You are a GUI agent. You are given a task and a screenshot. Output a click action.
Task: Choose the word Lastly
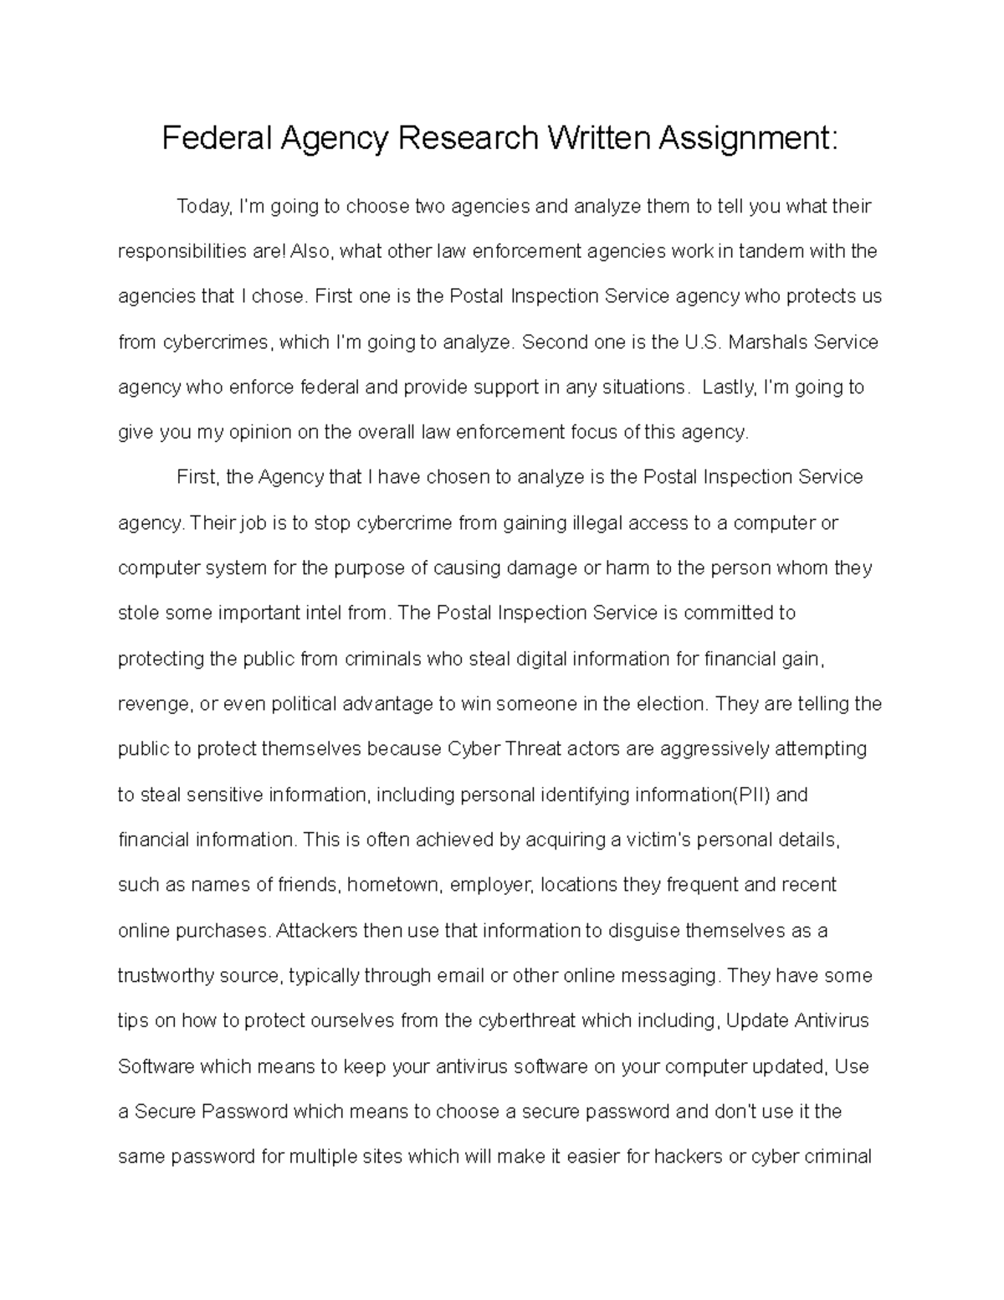730,387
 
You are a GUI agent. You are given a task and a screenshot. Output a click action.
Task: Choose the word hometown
393,885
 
